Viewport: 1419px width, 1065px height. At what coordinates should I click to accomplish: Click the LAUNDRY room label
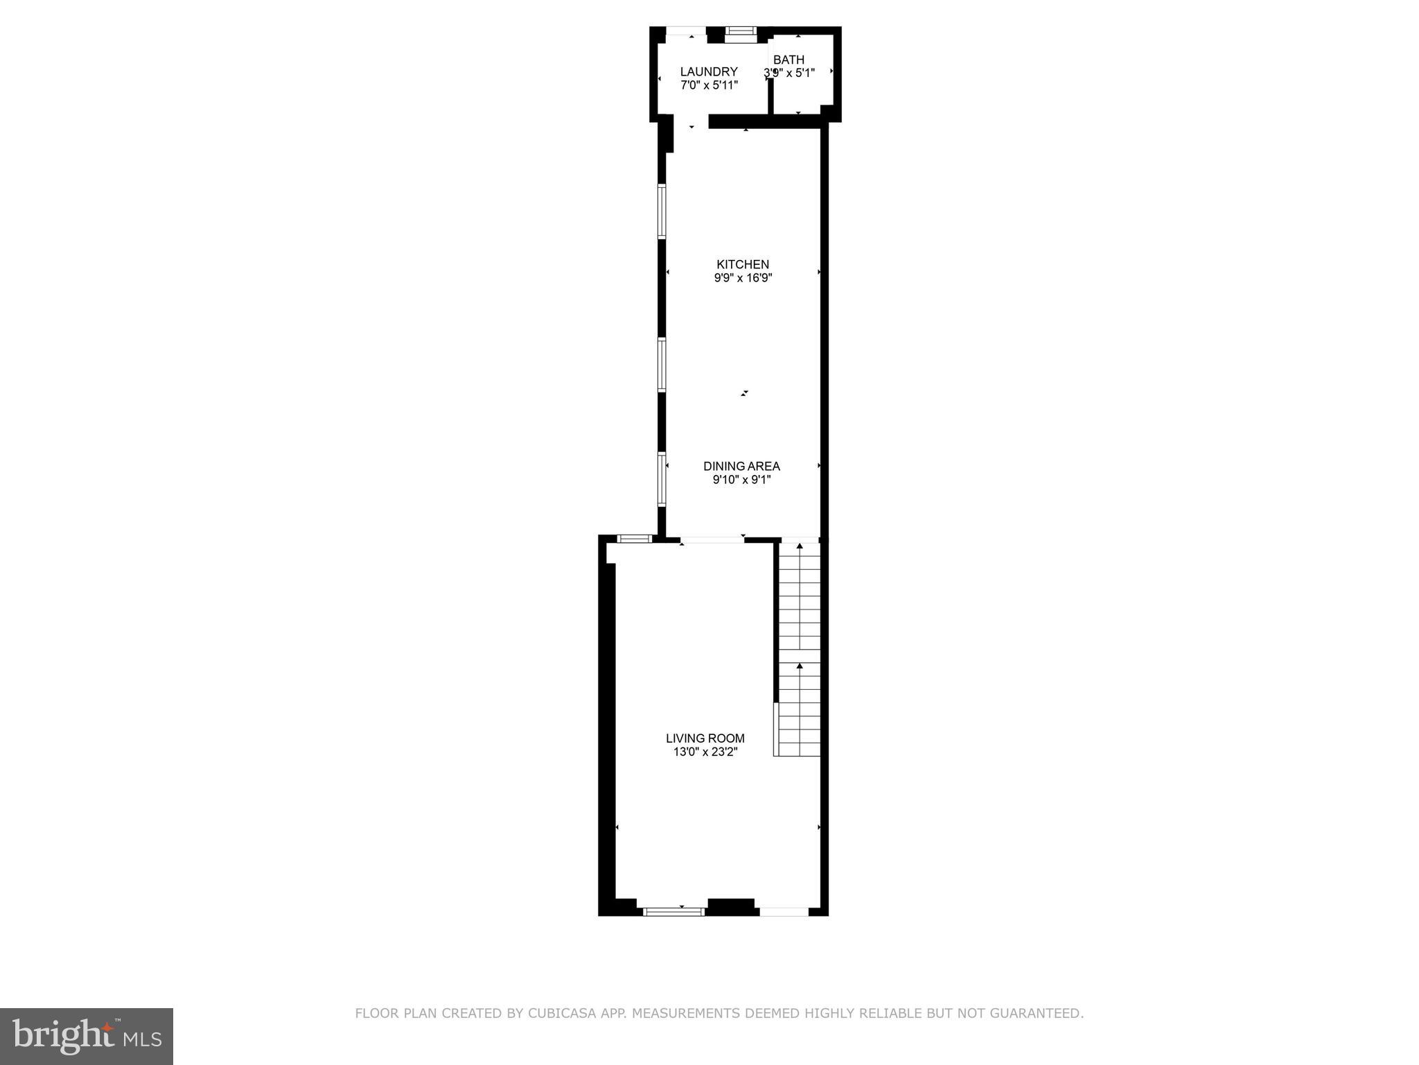point(708,71)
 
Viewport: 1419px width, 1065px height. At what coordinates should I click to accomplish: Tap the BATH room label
point(788,60)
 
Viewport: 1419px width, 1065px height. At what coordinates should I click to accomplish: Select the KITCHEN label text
point(742,264)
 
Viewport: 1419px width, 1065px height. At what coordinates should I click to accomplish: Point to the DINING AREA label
point(741,466)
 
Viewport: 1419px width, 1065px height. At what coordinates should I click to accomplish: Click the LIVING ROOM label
point(705,738)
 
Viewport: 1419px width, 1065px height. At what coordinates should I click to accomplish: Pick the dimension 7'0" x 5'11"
point(708,85)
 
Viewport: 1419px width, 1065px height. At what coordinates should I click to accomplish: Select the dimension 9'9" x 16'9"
point(742,278)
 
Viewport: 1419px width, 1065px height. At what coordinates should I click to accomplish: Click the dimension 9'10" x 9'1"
point(741,479)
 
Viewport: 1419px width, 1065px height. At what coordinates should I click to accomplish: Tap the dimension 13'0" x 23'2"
point(705,752)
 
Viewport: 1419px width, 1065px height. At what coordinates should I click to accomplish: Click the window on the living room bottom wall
point(673,911)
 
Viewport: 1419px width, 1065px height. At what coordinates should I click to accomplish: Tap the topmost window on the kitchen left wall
point(662,211)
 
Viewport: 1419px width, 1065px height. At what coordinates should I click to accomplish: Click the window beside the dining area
point(662,478)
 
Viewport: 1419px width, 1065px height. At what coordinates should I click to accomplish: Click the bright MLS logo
point(87,1036)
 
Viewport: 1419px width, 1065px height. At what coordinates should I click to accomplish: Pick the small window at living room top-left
point(635,538)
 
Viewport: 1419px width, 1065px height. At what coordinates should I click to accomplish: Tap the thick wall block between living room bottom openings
point(730,907)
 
